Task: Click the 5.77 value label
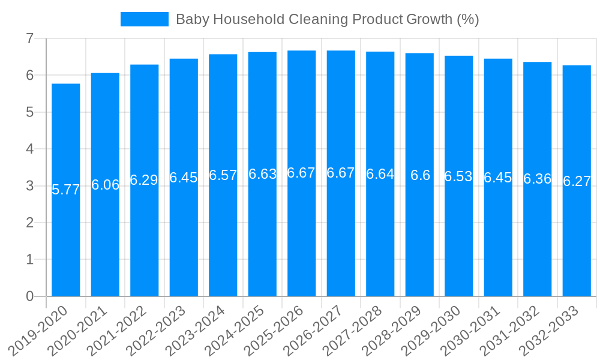[x=66, y=190]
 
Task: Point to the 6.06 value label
[x=105, y=185]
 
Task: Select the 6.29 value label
[x=144, y=180]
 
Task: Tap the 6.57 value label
[x=223, y=175]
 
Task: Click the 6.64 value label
[x=380, y=174]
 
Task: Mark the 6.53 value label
[x=458, y=176]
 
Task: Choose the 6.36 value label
[x=537, y=179]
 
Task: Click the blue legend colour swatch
[x=145, y=19]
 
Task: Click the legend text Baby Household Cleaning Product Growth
[x=327, y=19]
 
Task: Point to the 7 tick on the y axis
[x=29, y=38]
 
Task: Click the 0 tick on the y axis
[x=29, y=296]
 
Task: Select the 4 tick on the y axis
[x=29, y=149]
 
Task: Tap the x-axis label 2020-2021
[x=79, y=330]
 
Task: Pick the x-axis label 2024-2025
[x=236, y=330]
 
